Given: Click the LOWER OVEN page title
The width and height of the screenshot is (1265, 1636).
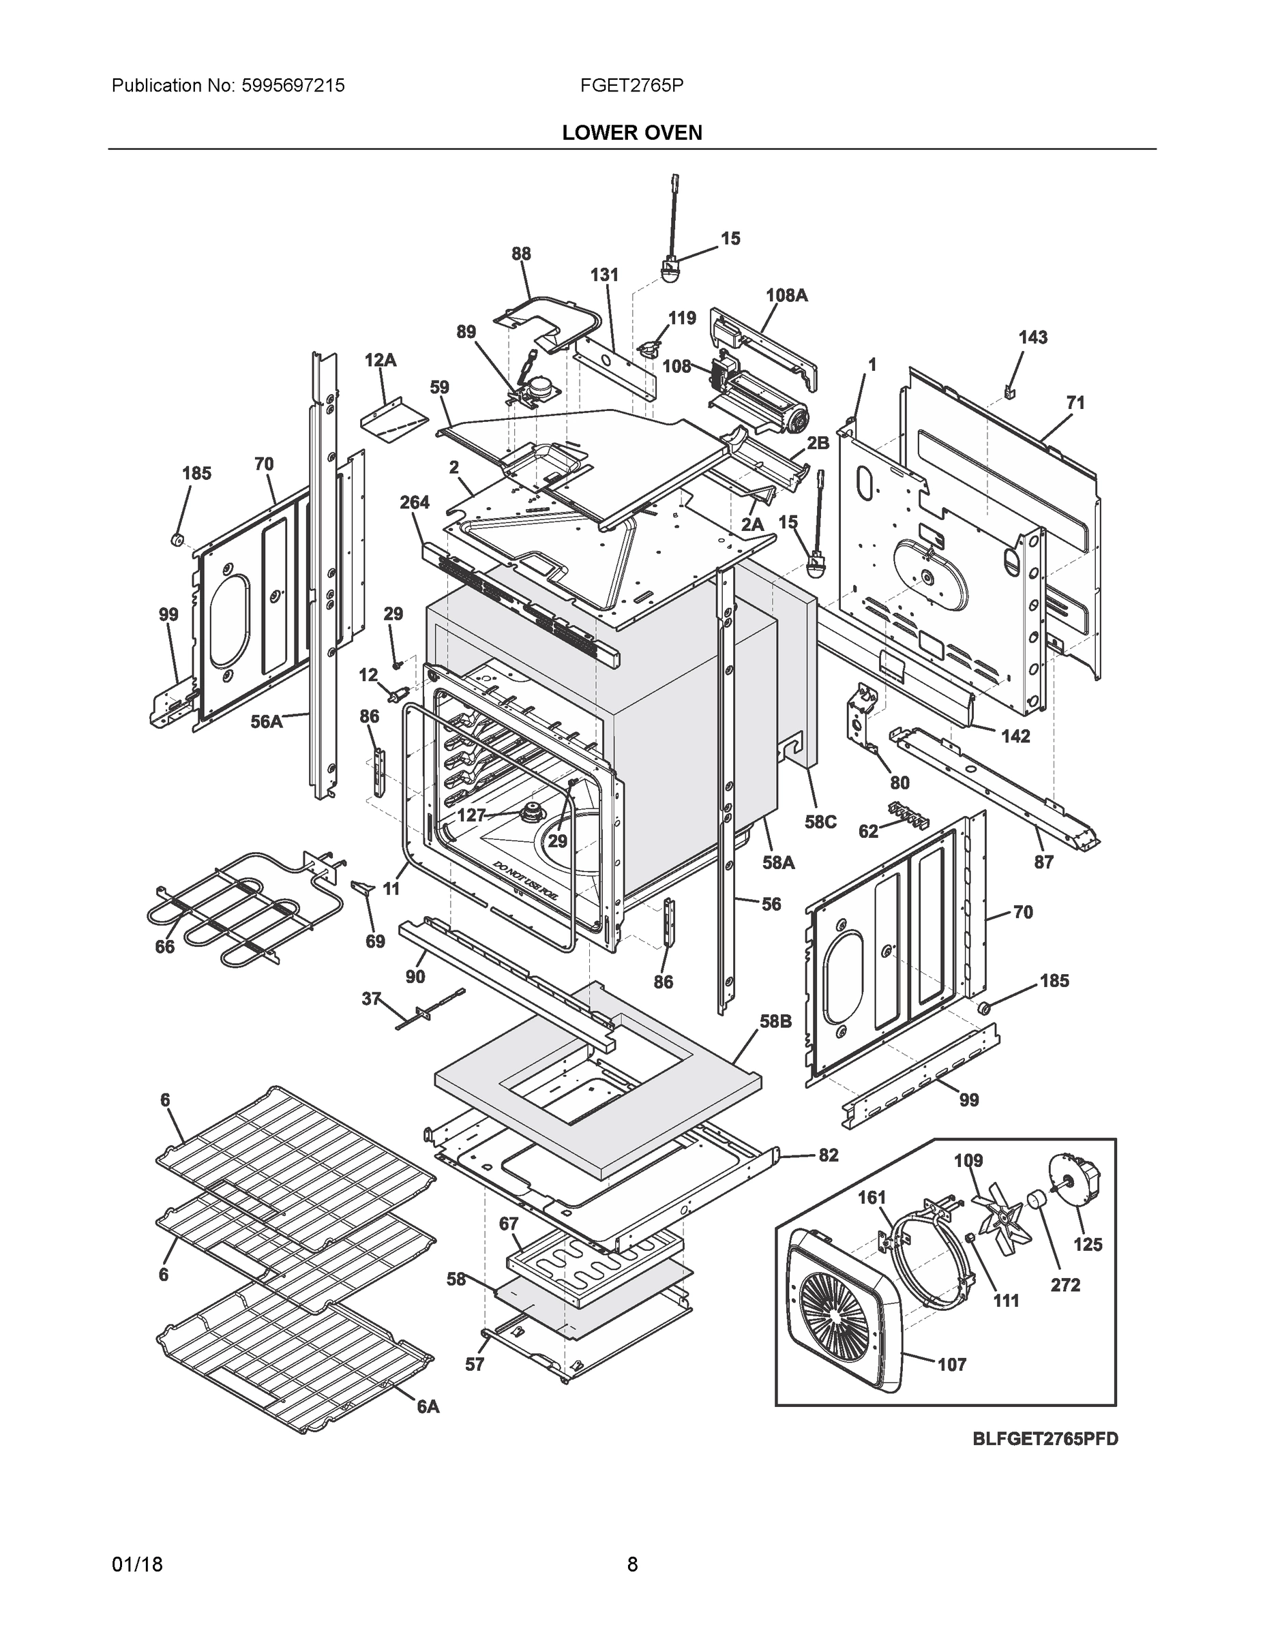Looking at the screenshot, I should click(631, 133).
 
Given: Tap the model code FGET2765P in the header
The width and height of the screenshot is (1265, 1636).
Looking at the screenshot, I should click(631, 85).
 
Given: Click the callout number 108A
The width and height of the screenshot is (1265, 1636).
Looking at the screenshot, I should click(786, 295).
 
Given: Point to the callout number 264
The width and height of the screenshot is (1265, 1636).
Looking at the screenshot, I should click(414, 502).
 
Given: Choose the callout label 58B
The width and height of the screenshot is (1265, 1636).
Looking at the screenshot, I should click(775, 1021).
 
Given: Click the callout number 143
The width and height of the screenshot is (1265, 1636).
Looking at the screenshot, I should click(1032, 338).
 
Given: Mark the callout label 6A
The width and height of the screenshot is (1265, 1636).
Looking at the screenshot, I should click(428, 1408).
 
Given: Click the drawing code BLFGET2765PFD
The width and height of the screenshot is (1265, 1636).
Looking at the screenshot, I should click(1045, 1439).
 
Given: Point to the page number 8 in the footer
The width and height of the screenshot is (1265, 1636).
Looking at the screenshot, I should click(631, 1565).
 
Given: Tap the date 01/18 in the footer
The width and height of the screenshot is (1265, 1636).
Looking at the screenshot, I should click(137, 1565).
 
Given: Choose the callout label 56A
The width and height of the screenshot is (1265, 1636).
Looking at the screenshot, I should click(266, 721).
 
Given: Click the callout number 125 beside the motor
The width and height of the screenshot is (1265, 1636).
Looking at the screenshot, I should click(1088, 1244).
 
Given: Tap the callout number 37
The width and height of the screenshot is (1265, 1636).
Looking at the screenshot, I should click(371, 999).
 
